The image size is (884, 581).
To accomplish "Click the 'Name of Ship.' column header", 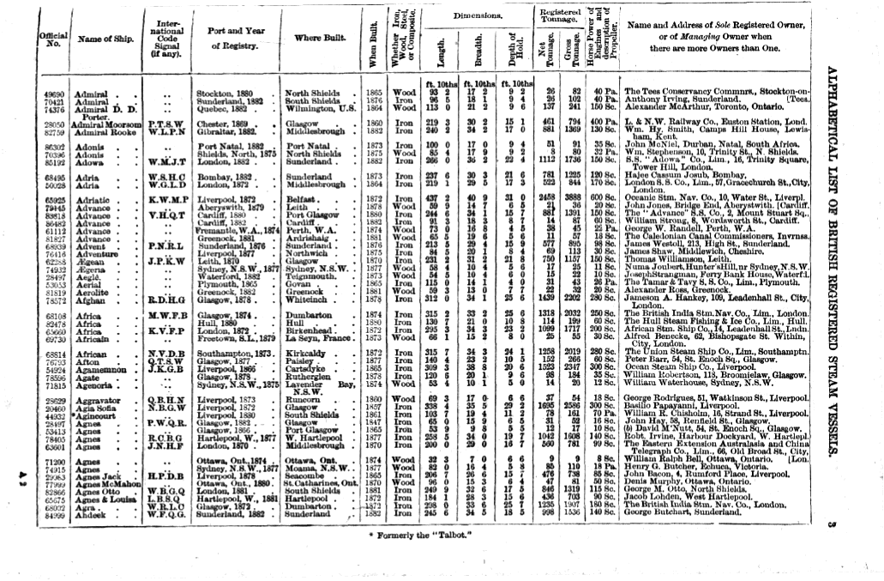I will tap(101, 39).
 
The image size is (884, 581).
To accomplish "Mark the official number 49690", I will tap(55, 92).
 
